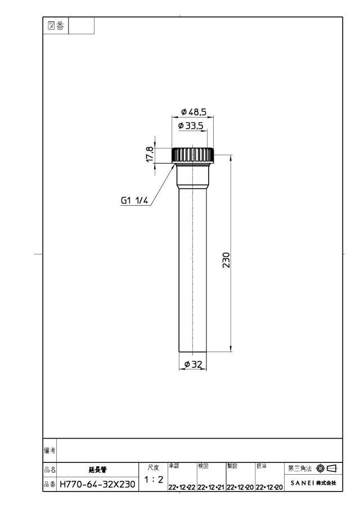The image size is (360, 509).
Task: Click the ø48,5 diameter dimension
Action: coord(194,112)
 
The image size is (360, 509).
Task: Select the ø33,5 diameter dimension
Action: coord(191,125)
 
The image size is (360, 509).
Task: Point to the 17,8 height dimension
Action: coord(150,155)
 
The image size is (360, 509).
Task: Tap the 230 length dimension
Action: coord(226,260)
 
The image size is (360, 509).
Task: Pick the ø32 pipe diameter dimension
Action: coord(193,364)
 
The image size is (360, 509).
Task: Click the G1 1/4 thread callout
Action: coord(134,201)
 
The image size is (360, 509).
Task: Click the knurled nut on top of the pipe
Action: coord(193,155)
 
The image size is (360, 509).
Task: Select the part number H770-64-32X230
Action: coord(97,485)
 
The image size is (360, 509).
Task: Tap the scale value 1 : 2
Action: coord(154,479)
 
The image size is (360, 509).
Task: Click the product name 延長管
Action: coord(97,470)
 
